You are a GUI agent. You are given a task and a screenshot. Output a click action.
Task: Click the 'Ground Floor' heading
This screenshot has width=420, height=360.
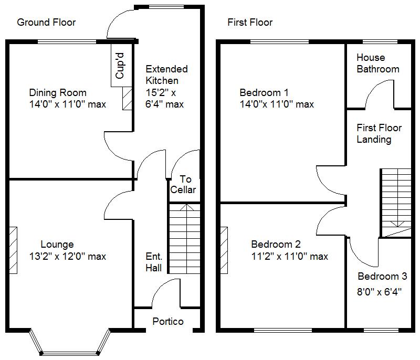[46, 23]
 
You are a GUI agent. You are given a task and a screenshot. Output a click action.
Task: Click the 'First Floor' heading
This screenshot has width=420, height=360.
[250, 23]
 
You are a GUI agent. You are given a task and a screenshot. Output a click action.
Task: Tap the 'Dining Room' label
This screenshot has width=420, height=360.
[58, 93]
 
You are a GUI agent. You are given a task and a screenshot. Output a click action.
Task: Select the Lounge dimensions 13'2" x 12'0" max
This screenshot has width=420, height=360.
[68, 257]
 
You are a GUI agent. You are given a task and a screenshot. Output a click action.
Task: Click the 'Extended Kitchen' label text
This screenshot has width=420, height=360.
[166, 75]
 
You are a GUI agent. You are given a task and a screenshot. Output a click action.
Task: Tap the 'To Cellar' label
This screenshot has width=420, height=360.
[183, 185]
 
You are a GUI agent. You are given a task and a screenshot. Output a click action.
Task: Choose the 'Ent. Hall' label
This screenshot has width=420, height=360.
[154, 262]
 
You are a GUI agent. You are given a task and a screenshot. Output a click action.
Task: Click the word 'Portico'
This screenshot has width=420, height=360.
[168, 321]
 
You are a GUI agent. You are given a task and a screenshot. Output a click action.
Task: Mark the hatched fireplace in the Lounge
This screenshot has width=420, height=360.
[13, 250]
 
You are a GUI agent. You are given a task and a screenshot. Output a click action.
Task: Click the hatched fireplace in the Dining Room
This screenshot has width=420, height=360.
[127, 99]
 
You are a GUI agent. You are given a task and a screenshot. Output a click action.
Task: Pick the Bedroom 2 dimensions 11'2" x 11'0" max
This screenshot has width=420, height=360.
[289, 257]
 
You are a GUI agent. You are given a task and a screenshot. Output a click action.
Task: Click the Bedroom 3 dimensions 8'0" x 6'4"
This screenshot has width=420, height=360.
[380, 292]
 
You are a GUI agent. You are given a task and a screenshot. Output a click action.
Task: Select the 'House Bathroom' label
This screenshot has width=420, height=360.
[378, 63]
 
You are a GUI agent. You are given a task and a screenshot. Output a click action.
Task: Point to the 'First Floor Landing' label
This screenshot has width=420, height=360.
[379, 133]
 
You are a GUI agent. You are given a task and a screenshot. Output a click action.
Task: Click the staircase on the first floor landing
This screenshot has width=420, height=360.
[396, 202]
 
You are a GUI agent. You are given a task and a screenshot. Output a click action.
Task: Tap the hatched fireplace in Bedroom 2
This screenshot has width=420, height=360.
[224, 250]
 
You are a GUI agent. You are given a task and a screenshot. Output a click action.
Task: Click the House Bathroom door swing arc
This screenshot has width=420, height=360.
[377, 92]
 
